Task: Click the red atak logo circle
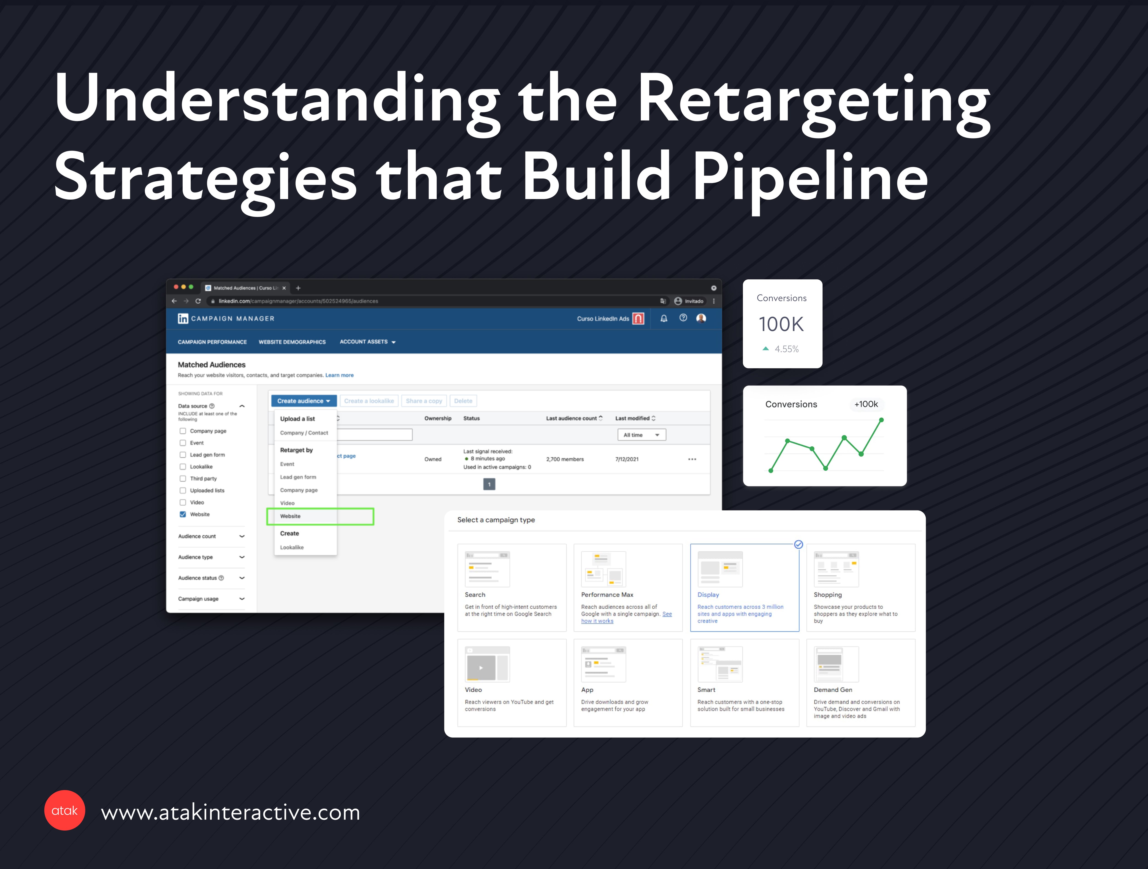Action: pyautogui.click(x=64, y=810)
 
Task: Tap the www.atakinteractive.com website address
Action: pyautogui.click(x=230, y=812)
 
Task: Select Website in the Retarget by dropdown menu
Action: pyautogui.click(x=291, y=516)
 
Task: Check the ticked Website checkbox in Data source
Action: pyautogui.click(x=183, y=514)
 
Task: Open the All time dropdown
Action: pyautogui.click(x=642, y=435)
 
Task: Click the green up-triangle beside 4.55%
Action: pyautogui.click(x=766, y=349)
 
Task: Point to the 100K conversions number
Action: pyautogui.click(x=781, y=324)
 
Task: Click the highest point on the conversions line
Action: pyautogui.click(x=881, y=420)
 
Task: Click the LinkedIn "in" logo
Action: pyautogui.click(x=183, y=318)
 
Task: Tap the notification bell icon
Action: pyautogui.click(x=664, y=318)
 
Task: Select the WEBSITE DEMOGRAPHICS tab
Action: pyautogui.click(x=292, y=342)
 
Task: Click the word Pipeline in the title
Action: pyautogui.click(x=810, y=178)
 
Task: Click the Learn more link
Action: pyautogui.click(x=339, y=375)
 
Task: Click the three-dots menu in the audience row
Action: pyautogui.click(x=692, y=459)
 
